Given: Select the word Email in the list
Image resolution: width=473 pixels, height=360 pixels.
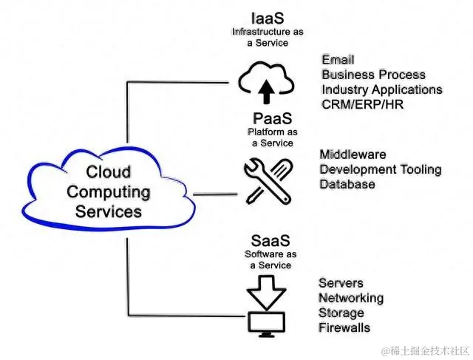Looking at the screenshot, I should (338, 60).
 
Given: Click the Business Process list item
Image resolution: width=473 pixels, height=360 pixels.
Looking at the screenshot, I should (373, 75).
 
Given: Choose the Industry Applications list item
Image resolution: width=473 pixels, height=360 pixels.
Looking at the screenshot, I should (381, 89).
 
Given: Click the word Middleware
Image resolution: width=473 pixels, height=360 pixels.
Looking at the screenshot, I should (353, 154).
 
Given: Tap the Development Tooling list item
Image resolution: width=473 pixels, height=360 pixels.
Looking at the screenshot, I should (380, 169).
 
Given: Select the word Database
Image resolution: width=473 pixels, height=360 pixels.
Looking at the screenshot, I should (347, 184).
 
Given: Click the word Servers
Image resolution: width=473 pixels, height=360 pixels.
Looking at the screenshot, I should (341, 283).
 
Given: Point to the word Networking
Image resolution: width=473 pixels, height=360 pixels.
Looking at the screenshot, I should (350, 298).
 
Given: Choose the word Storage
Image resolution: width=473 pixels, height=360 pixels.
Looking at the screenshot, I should (341, 313).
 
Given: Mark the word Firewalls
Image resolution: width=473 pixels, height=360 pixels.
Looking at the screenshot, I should (344, 327).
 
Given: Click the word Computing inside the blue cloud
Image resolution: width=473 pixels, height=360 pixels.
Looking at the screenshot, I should (109, 192).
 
